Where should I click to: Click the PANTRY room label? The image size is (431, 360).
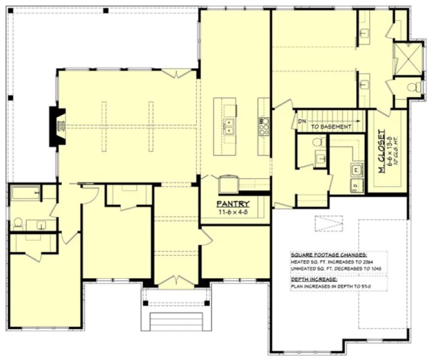(x=233, y=204)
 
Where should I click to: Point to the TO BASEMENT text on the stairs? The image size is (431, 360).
(x=331, y=126)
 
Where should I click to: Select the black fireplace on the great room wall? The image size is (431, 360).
(x=57, y=126)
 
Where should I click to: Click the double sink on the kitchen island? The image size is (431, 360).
(x=229, y=126)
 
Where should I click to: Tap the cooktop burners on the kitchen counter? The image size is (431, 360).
(x=265, y=126)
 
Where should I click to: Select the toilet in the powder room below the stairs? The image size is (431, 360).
(x=319, y=142)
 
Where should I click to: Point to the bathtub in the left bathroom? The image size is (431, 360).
(x=26, y=193)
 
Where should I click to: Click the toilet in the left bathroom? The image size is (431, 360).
(x=18, y=222)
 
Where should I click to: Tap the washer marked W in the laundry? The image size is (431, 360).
(x=356, y=170)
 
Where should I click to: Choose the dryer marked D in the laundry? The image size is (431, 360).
(x=356, y=185)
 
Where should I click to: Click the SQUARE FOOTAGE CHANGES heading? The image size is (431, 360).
(x=329, y=254)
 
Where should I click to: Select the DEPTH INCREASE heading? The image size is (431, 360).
(x=313, y=279)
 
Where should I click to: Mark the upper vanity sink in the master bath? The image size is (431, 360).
(x=364, y=33)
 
